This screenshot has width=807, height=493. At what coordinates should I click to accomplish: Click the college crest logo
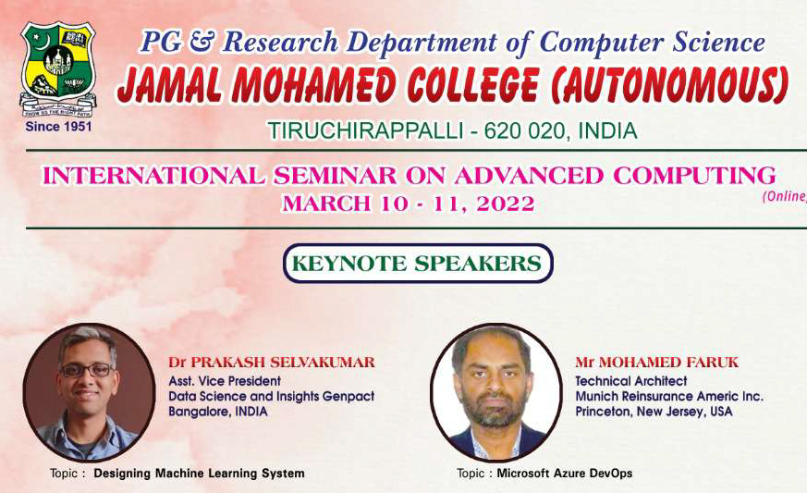[58, 69]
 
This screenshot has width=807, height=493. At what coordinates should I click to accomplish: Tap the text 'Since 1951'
[58, 127]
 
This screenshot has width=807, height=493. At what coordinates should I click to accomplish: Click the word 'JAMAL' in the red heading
[169, 84]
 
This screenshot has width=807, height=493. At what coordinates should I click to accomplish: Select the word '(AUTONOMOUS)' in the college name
[669, 84]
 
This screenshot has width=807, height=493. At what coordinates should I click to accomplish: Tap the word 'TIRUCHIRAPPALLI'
[366, 131]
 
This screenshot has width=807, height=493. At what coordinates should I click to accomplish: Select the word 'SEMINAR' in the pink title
[336, 176]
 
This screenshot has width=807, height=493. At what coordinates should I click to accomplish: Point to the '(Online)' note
[785, 196]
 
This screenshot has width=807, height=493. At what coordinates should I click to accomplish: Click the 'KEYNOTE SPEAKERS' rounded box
[418, 264]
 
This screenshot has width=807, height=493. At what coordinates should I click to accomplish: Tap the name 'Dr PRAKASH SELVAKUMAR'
[272, 363]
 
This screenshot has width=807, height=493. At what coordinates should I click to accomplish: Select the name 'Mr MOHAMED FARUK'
[656, 363]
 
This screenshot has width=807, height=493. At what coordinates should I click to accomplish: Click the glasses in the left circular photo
[87, 370]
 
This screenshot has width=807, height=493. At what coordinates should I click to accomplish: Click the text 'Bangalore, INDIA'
[218, 412]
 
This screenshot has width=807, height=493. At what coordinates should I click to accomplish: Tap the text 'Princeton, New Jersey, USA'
[654, 412]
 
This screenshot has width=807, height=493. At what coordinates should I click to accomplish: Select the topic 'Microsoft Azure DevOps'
[565, 473]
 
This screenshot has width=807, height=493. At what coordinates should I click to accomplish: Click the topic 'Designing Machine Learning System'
[199, 473]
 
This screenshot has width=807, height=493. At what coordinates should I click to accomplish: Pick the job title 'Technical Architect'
[631, 381]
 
